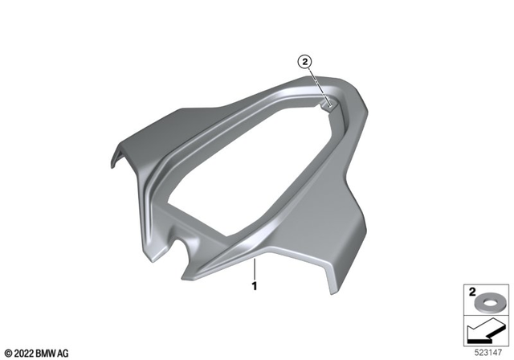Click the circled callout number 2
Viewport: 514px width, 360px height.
pos(304,60)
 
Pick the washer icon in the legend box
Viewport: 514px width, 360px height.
pos(487,305)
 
